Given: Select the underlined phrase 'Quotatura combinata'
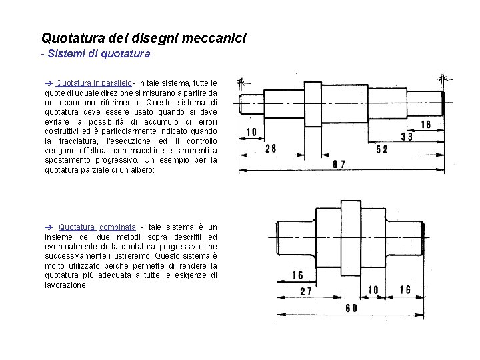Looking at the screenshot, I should tap(97, 227).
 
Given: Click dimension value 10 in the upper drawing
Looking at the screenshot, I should tap(253, 133).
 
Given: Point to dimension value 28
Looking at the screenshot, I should tap(271, 149).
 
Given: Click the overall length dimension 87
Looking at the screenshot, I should tap(339, 163).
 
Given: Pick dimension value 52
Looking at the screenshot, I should tap(382, 150).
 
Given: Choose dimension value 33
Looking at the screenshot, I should tap(407, 137).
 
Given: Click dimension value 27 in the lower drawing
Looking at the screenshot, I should tap(307, 291).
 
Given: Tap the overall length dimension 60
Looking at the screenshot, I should tap(351, 308).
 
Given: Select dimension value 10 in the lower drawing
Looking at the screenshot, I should tap(374, 289).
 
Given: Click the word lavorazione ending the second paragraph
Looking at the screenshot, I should tap(65, 285).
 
